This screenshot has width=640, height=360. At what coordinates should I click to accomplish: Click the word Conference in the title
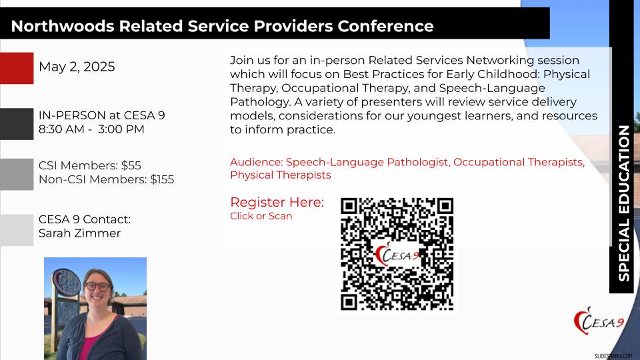click(385, 26)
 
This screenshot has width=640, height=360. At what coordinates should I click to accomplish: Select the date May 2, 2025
click(77, 67)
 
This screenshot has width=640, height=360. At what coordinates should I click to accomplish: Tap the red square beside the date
click(17, 68)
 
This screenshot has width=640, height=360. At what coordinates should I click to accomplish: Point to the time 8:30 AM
click(61, 129)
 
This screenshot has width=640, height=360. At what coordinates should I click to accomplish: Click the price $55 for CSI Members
click(131, 165)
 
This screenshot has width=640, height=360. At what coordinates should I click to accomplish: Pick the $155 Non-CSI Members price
click(162, 179)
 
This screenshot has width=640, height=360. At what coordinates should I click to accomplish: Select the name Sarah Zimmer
click(79, 233)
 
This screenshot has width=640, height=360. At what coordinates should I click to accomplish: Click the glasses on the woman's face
click(97, 287)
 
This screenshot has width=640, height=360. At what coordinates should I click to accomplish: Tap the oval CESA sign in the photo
click(67, 281)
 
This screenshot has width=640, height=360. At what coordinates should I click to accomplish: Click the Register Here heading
click(277, 202)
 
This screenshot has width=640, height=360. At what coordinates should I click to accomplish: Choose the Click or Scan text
click(261, 216)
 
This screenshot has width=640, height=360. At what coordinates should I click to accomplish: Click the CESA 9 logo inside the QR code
click(397, 254)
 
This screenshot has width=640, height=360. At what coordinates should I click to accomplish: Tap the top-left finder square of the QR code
click(349, 207)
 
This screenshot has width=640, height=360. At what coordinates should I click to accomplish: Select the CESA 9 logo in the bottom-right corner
click(599, 321)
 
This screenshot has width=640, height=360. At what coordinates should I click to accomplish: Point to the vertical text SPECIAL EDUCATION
click(624, 203)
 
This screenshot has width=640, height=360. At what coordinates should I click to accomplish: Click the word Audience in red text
click(256, 162)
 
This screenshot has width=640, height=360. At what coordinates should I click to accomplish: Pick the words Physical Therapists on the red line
click(281, 175)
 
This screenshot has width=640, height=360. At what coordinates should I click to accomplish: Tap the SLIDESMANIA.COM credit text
click(613, 356)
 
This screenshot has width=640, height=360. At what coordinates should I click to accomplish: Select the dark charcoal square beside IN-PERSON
click(17, 124)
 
